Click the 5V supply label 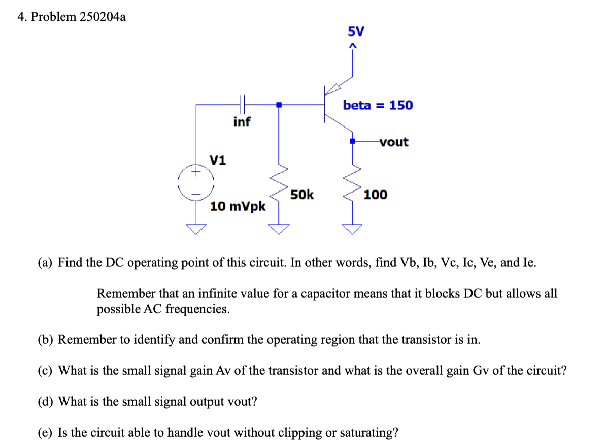tap(356, 31)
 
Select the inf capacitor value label tap(242, 122)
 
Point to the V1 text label tap(218, 161)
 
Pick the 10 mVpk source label tap(238, 207)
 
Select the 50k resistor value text tap(302, 195)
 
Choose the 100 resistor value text tap(376, 195)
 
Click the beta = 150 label tap(378, 105)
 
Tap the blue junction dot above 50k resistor tap(279, 105)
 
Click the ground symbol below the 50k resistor tap(279, 229)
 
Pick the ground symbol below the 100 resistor tap(353, 229)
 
